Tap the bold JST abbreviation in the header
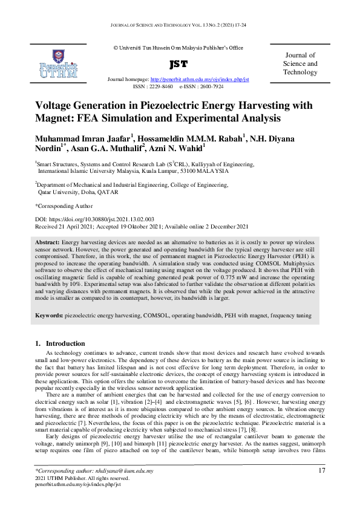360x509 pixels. pyautogui.click(x=179, y=63)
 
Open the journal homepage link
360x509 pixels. pyautogui.click(x=199, y=79)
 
